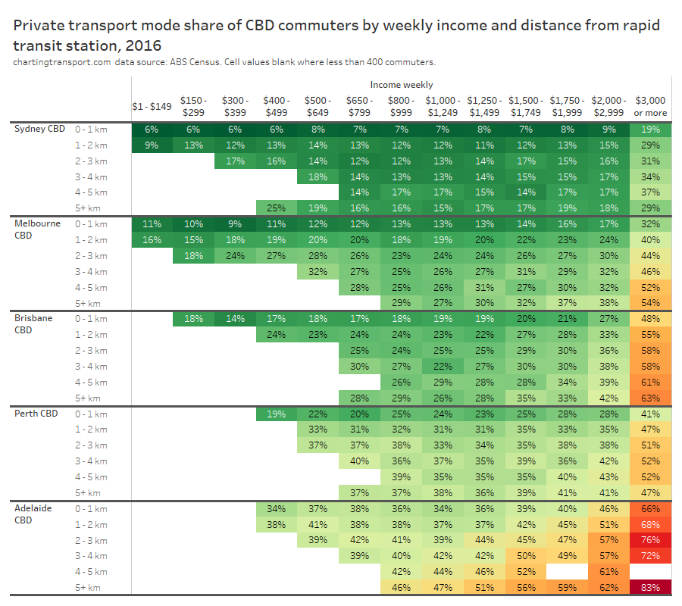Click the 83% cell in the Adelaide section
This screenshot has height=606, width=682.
[650, 588]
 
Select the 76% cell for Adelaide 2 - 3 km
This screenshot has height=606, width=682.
[650, 540]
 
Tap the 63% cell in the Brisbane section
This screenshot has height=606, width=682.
[650, 398]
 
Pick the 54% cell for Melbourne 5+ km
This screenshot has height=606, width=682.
[650, 303]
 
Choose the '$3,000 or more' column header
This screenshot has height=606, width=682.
[650, 106]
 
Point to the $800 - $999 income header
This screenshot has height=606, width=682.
[401, 106]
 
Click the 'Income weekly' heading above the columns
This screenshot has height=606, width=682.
[402, 85]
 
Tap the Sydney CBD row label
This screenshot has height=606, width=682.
[40, 129]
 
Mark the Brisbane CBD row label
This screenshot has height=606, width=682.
[34, 323]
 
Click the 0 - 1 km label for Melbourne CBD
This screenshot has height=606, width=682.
[92, 224]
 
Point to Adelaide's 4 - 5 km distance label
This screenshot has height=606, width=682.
[92, 572]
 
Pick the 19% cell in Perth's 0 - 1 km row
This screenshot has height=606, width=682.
[277, 414]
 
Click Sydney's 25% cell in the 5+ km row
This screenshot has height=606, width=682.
[277, 208]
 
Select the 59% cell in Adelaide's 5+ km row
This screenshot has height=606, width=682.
[567, 588]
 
